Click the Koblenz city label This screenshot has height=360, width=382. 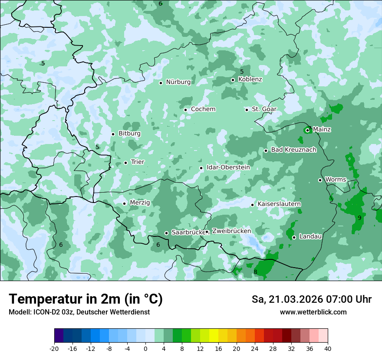point(250,79)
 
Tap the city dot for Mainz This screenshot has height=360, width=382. point(307,130)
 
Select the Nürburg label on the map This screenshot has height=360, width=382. point(178,82)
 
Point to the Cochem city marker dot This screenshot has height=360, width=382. point(185,110)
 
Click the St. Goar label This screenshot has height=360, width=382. point(264,109)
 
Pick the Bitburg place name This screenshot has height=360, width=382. point(129,134)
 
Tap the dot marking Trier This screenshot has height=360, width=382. point(125,163)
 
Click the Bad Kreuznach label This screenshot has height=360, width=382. point(293,150)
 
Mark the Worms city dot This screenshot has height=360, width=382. point(320,180)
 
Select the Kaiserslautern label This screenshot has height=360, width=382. point(279,204)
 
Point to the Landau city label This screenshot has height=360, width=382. point(310,236)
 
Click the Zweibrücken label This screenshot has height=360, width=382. point(231,231)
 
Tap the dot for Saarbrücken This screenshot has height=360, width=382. point(166,233)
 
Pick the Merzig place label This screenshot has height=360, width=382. point(140,203)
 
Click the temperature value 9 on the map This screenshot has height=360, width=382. point(359,218)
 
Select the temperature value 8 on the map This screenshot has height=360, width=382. point(255,272)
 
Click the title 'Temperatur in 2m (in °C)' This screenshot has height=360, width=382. point(86,299)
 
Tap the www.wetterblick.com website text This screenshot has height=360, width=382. point(313,312)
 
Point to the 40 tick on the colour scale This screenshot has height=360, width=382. point(328,348)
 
